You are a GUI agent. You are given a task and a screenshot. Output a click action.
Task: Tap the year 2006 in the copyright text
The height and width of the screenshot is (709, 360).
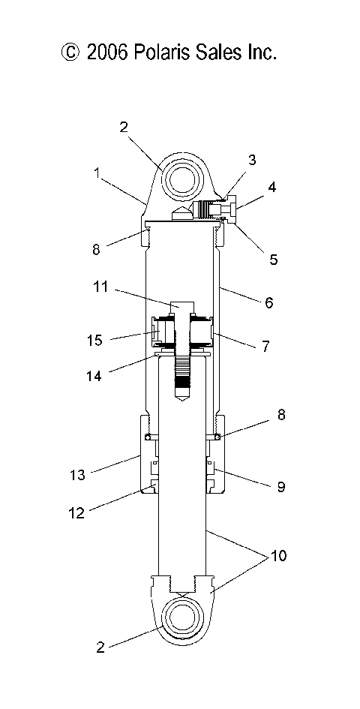pyautogui.click(x=110, y=52)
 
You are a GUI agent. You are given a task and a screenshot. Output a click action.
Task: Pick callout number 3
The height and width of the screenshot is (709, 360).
pyautogui.click(x=252, y=159)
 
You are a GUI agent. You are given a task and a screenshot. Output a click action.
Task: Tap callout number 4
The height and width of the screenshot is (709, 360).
pyautogui.click(x=272, y=188)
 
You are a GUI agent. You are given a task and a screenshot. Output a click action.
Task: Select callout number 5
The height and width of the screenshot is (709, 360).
pyautogui.click(x=273, y=260)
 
